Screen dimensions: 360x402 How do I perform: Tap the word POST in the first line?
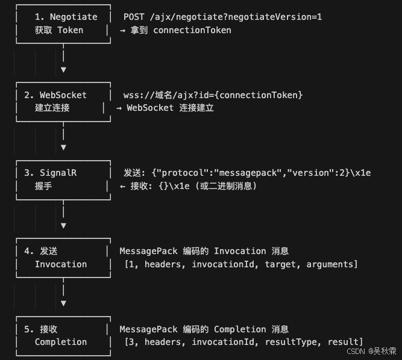tap(133, 17)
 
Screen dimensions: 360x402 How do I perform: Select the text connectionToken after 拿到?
tap(192, 30)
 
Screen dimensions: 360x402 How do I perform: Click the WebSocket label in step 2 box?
tap(63, 95)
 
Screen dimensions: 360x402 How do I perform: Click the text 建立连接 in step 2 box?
tap(52, 108)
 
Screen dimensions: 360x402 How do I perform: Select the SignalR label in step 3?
tap(58, 173)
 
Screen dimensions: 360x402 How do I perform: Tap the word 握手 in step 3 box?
tap(43, 186)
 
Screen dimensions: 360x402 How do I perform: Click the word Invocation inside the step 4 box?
tap(61, 264)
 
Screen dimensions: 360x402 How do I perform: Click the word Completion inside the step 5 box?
tap(61, 342)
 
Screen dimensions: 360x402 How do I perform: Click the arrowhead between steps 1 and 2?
tap(63, 69)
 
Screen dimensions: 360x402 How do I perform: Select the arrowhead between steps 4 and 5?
tap(63, 303)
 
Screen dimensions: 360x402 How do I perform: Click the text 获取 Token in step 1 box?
tap(59, 30)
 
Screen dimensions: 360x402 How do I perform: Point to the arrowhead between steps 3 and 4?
tap(63, 225)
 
